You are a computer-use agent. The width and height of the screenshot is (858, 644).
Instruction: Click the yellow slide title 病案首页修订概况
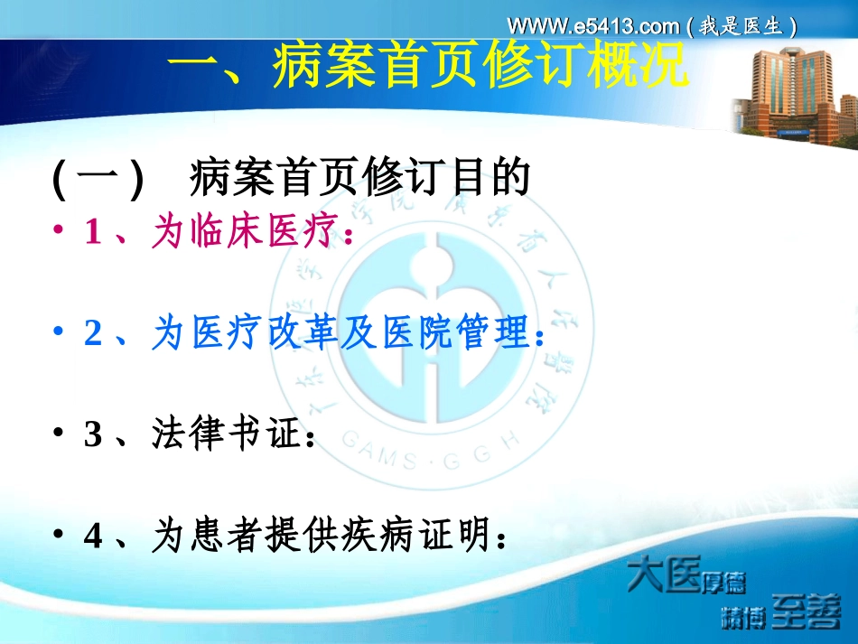(x=429, y=69)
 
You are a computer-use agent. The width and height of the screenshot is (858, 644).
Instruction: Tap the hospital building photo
(x=792, y=94)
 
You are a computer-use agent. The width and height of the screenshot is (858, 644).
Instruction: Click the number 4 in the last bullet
(x=93, y=537)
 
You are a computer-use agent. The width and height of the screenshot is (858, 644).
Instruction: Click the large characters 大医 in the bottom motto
(x=663, y=575)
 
